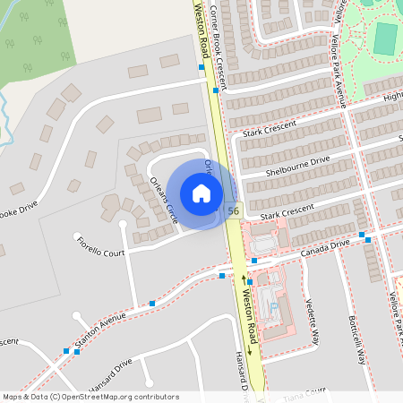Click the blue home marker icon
click(x=201, y=193)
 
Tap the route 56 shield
click(x=233, y=211)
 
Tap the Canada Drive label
click(x=327, y=244)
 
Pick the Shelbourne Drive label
click(x=297, y=166)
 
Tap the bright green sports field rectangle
click(x=385, y=38)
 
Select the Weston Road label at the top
click(x=201, y=27)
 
